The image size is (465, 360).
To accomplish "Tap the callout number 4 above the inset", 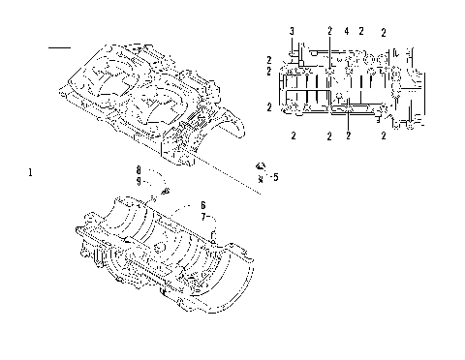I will tap(346, 32).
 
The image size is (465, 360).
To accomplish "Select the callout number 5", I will tap(275, 177).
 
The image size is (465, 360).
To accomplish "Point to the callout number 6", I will tap(202, 205).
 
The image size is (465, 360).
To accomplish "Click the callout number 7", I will tap(202, 217).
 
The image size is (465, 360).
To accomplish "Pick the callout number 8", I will tap(139, 169).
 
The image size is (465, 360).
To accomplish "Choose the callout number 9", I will tap(139, 181).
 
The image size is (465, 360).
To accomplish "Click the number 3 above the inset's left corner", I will tap(292, 32).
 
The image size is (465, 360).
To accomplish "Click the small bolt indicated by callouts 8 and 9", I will tap(166, 192).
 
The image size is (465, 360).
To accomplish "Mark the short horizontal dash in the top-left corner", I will tap(60, 46).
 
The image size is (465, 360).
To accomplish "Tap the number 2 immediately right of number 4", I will tap(360, 32).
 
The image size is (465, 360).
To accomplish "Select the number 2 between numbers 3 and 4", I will tap(329, 32).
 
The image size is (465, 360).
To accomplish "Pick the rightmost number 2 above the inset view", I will tap(384, 33).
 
